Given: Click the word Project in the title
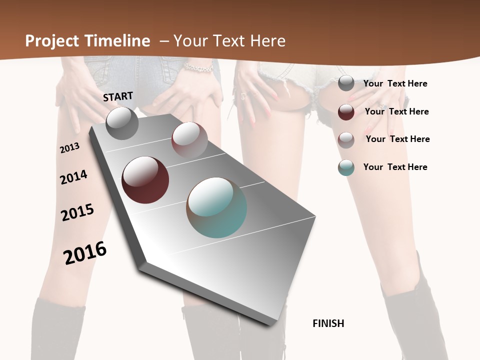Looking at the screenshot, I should click(x=51, y=41).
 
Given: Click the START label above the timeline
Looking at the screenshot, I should click(x=118, y=96).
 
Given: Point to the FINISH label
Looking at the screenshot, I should click(x=328, y=323).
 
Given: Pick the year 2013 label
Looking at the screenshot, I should click(x=70, y=147).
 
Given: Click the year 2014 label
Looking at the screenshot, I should click(x=73, y=177).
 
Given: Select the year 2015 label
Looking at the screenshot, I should click(x=77, y=212).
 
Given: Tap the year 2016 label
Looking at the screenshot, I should click(x=85, y=252).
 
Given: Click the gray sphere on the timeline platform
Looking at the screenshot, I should click(x=122, y=123).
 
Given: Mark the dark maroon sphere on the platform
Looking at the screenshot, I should click(x=145, y=180).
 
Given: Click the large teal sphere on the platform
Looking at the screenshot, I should click(x=216, y=207).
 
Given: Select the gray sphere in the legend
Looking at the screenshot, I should click(x=346, y=83).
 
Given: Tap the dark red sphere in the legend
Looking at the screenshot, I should click(x=346, y=111).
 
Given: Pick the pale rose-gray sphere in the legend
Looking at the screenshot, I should click(x=346, y=139).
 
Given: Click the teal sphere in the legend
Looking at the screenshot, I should click(x=346, y=167).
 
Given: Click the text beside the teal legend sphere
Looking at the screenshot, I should click(x=395, y=167).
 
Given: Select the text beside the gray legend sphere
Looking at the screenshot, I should click(x=395, y=83).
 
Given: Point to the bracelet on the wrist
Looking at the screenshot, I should click(x=198, y=67).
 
